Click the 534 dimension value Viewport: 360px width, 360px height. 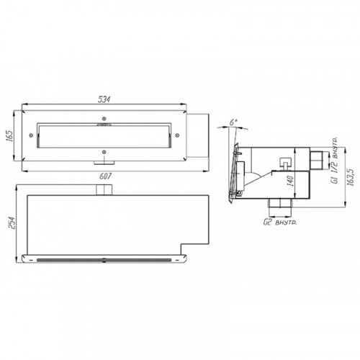(104, 99)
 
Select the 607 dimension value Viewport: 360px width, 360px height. (106, 176)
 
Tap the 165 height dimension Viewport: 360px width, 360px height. (12, 136)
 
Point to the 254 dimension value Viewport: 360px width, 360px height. (12, 222)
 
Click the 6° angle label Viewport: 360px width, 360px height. (233, 122)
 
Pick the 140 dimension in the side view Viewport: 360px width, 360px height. (290, 181)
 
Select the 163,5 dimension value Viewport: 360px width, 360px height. (351, 177)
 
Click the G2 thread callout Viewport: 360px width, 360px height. (280, 222)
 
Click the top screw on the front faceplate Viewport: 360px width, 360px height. (104, 119)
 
